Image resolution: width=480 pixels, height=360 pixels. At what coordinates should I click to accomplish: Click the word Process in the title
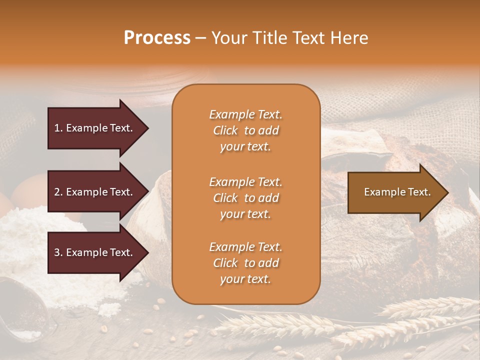[x=157, y=38]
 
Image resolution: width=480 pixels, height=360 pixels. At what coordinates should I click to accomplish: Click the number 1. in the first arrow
[x=58, y=128]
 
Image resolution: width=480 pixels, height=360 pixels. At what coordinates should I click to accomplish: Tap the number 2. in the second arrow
[x=58, y=192]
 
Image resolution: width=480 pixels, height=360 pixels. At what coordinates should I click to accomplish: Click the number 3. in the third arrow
[x=58, y=252]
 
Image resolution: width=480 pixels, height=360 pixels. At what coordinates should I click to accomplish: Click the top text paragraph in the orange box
[x=245, y=130]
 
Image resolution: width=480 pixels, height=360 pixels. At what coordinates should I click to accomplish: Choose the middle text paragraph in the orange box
[x=245, y=198]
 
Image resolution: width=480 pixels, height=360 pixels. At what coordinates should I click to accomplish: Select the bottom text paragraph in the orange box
[x=245, y=263]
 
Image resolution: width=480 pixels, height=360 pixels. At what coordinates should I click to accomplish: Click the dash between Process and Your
[x=200, y=38]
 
